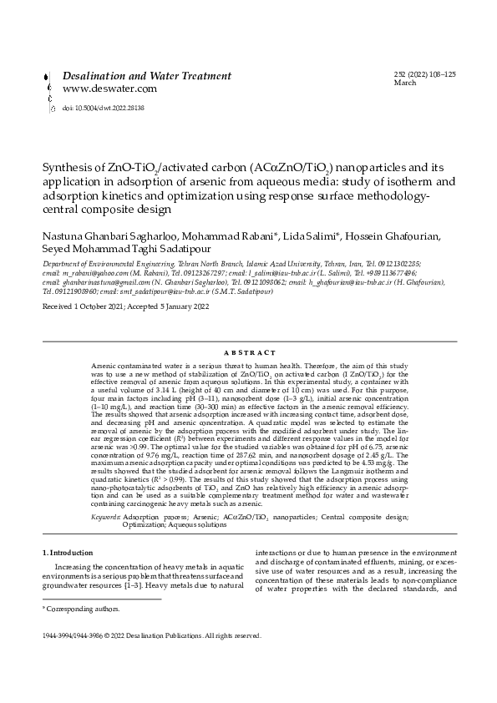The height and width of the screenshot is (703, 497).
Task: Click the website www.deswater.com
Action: click(110, 89)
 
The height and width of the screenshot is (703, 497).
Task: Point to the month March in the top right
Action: click(404, 83)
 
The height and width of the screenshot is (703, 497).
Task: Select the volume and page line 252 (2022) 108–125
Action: click(424, 75)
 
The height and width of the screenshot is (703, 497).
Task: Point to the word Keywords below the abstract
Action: click(105, 518)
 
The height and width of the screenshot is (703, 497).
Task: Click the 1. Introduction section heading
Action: click(68, 554)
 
